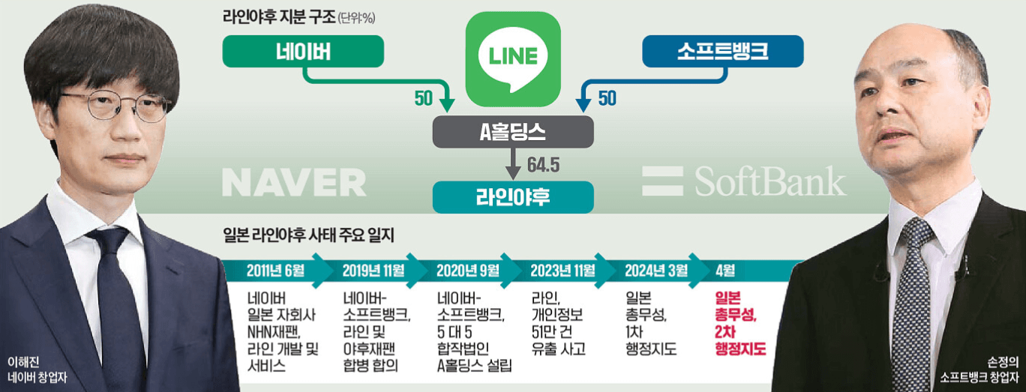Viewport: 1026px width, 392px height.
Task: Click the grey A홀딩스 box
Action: coord(513,133)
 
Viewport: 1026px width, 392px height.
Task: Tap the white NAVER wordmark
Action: coord(294,182)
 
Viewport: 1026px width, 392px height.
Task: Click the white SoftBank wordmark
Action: coord(743,182)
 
